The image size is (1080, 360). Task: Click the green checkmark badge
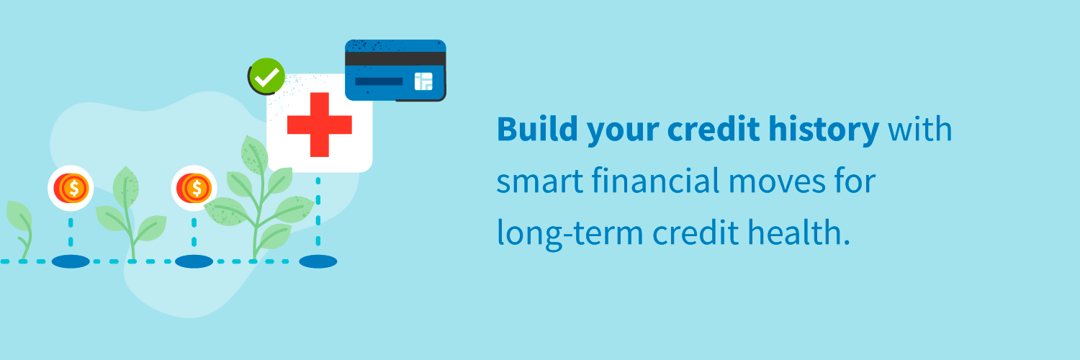(x=266, y=77)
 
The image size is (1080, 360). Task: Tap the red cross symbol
(x=319, y=125)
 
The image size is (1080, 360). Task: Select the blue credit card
(x=395, y=70)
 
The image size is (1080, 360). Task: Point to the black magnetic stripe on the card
(x=395, y=58)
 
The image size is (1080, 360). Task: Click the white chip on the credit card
(x=423, y=81)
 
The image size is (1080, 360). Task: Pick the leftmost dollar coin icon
(x=71, y=189)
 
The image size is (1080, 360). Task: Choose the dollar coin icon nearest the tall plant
(x=194, y=189)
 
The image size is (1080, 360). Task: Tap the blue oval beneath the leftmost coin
(x=71, y=261)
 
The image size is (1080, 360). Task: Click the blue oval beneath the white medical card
(x=318, y=261)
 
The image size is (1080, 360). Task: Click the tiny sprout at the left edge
(x=19, y=227)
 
